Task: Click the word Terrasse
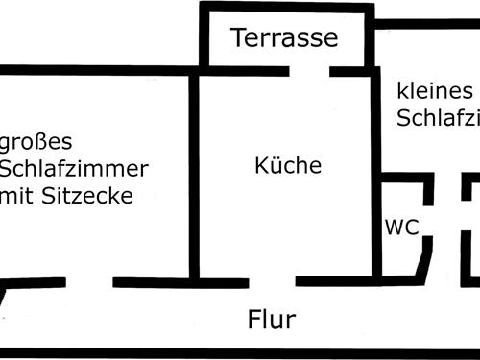(284, 38)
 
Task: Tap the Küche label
(288, 165)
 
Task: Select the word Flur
(272, 320)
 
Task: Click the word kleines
(434, 91)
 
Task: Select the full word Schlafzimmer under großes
(74, 170)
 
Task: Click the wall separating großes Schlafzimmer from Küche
(194, 173)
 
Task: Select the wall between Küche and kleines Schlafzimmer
(375, 144)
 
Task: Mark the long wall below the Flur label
(240, 352)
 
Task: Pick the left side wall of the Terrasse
(204, 38)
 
